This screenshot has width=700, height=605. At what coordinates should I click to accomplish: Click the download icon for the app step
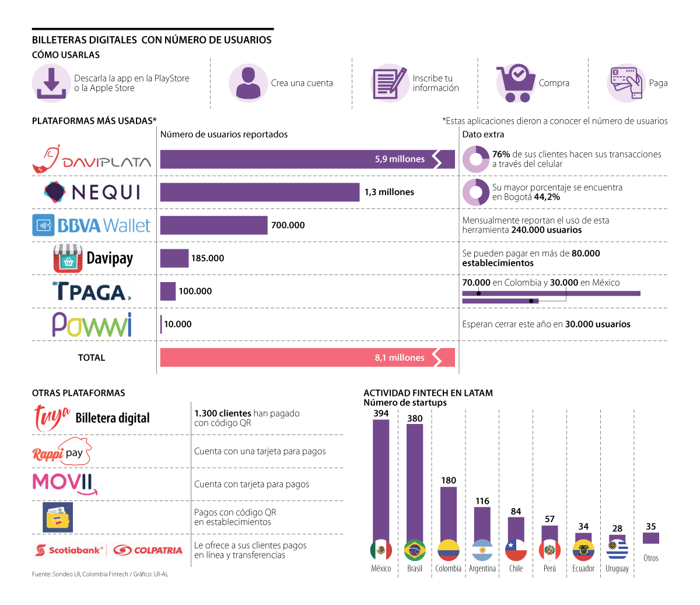[51, 84]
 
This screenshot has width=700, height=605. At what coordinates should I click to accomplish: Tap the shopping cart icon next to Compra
[516, 83]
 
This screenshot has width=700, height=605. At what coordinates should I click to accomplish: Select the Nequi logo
[92, 192]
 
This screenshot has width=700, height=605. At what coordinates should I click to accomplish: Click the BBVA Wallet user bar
[213, 225]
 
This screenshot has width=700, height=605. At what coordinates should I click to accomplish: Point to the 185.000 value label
[208, 258]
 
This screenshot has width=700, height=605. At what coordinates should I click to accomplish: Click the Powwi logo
[92, 325]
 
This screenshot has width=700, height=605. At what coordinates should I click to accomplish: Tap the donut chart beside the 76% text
[476, 159]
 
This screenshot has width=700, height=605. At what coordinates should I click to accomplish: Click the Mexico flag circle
[381, 550]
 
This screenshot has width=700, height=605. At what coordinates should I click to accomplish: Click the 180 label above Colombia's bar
[449, 481]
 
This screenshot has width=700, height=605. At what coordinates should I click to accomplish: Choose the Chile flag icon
[516, 550]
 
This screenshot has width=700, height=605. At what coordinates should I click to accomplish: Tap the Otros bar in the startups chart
[650, 538]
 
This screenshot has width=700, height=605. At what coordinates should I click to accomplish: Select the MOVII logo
[64, 484]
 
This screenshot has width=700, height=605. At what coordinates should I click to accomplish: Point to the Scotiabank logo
[69, 550]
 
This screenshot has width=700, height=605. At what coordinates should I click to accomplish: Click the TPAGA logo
[92, 291]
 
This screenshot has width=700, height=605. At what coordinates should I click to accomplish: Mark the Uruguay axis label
[617, 569]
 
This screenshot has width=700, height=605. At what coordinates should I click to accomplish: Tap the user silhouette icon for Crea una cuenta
[249, 83]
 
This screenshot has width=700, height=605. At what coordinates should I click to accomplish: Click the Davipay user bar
[174, 258]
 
